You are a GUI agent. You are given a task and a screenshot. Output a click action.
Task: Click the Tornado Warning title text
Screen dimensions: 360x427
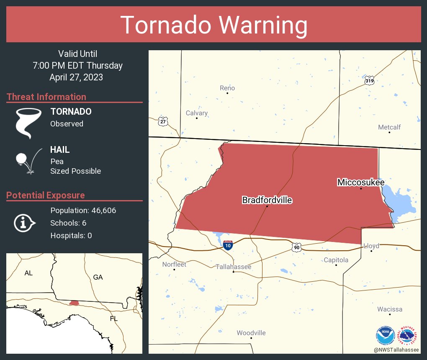coord(213,25)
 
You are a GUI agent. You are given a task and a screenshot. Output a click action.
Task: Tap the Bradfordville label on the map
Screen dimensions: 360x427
coord(267,200)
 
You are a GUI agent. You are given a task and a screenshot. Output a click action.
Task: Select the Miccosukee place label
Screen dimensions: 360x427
coord(361,182)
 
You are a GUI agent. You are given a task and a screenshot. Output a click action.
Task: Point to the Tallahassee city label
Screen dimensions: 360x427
coord(233,267)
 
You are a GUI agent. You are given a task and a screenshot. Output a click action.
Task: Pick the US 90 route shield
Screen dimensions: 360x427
coord(296,248)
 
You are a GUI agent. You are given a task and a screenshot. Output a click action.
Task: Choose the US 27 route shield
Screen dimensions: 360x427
coord(163,121)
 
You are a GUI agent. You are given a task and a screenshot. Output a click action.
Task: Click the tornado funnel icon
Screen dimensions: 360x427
coord(28,123)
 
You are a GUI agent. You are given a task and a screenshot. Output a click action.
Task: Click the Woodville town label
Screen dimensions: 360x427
coord(251,333)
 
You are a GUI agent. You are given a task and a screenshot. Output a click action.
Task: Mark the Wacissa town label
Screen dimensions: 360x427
coord(389,309)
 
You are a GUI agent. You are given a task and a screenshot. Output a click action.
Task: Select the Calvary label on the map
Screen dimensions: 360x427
coord(197,113)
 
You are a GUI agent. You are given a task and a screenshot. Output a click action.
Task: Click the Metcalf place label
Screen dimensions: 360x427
coord(389,127)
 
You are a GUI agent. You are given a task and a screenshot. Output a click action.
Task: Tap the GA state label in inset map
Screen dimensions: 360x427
coord(98,277)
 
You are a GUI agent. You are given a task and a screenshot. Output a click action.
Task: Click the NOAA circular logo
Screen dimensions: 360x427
coord(385,335)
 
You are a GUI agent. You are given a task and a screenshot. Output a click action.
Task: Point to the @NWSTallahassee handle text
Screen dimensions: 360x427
coord(397,350)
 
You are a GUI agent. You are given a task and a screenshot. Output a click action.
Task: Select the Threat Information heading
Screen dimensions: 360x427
coord(46,97)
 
